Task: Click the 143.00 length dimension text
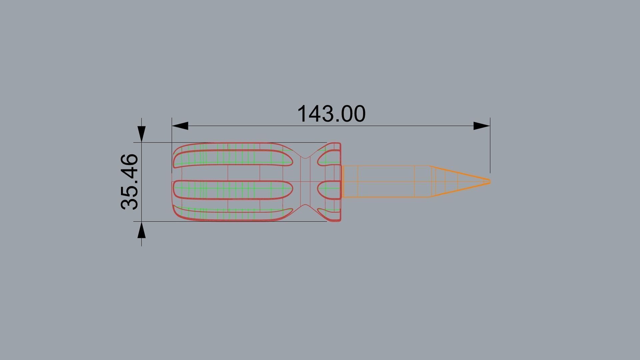pos(331,114)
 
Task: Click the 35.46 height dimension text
pos(129,182)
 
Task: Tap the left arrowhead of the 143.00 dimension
pos(180,126)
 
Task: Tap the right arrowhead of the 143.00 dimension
pos(482,126)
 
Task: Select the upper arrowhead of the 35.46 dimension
pos(142,134)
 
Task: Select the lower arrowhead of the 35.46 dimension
pos(142,230)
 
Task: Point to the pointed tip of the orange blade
pos(489,182)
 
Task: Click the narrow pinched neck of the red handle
pos(305,182)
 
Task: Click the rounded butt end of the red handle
pos(174,182)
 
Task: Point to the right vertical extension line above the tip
pos(490,150)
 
